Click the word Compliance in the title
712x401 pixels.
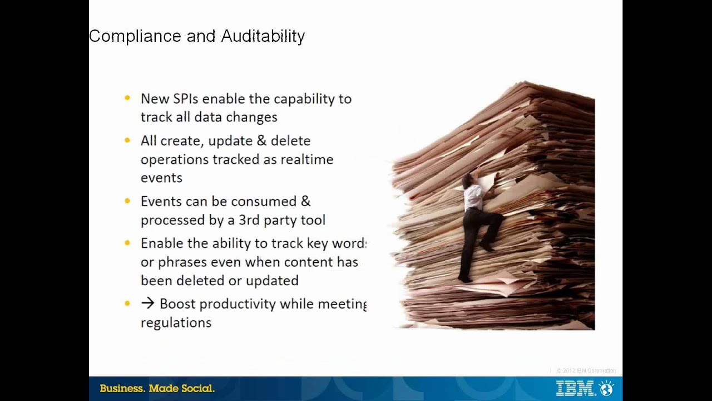(135, 36)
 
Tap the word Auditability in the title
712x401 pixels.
(263, 36)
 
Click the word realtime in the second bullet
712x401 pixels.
(306, 159)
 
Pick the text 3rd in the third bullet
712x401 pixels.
(249, 220)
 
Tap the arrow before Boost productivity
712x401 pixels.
(147, 304)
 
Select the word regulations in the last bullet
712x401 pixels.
(176, 322)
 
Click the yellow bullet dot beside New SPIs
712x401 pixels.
(127, 98)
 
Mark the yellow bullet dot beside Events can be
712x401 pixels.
(127, 200)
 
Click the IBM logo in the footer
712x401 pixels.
(575, 388)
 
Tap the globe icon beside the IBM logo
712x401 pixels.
(606, 388)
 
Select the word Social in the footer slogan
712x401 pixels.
(197, 389)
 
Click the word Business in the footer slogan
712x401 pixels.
(122, 389)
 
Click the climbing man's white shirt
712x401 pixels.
(473, 195)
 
